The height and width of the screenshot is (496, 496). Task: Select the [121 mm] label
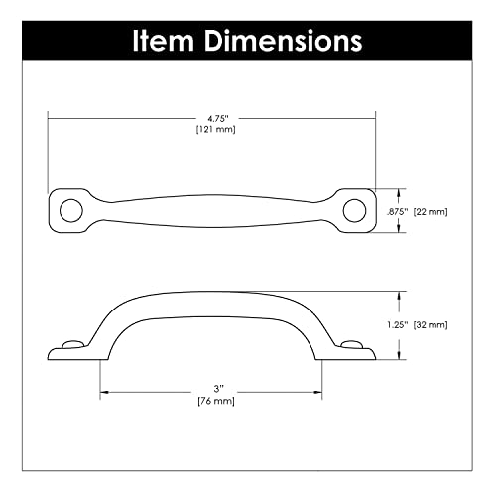213,129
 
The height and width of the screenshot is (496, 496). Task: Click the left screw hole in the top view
69,209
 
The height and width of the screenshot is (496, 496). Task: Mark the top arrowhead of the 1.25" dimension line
401,294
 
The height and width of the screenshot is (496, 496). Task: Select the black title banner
248,41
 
